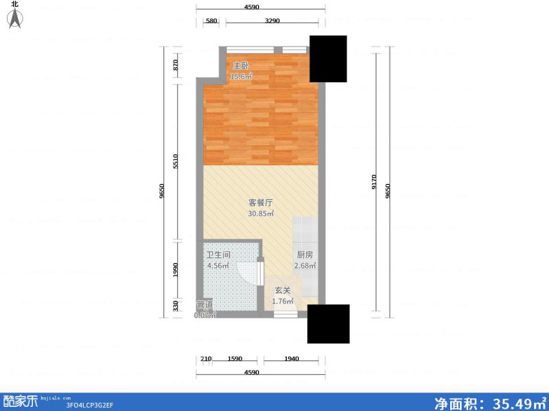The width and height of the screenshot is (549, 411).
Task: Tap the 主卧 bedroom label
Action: click(240, 66)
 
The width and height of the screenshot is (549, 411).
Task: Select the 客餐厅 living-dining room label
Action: click(261, 203)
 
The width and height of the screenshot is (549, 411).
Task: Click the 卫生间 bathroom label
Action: click(218, 255)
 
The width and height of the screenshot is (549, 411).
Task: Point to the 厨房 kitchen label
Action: click(305, 255)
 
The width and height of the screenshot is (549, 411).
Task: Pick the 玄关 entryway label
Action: click(283, 290)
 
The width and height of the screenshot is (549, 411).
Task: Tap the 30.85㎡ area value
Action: click(261, 214)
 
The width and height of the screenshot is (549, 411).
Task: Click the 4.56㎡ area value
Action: click(218, 266)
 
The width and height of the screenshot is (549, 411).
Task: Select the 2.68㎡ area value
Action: click(305, 266)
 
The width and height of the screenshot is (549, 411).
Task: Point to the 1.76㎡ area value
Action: click(283, 301)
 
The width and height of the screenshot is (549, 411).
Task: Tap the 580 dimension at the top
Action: click(211, 21)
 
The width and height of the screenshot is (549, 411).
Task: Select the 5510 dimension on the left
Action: click(176, 161)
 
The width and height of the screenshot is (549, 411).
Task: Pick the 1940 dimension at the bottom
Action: click(291, 359)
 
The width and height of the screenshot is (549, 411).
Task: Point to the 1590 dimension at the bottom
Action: click(235, 359)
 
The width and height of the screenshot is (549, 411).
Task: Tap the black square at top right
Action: click(328, 58)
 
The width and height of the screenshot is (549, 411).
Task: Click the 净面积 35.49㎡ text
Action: click(488, 402)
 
